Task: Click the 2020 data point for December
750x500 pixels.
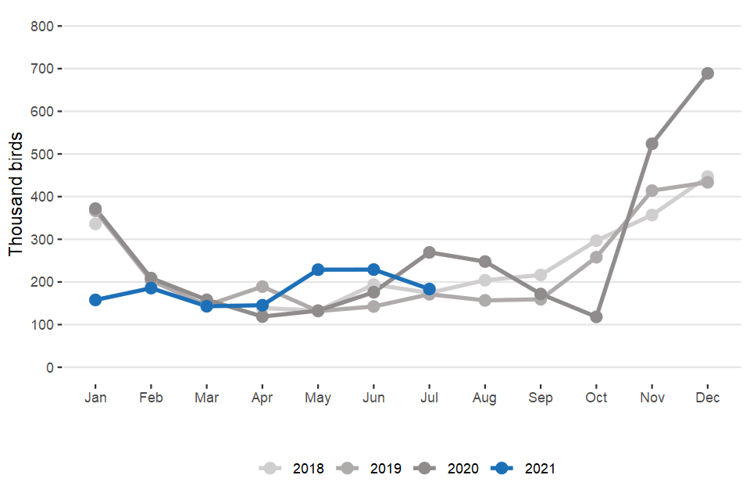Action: tap(708, 73)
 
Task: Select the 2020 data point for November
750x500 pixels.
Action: tap(652, 144)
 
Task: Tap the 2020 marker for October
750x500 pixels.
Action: tap(596, 317)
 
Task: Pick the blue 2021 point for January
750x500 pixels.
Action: tap(95, 300)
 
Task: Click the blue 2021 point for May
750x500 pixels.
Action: tap(318, 270)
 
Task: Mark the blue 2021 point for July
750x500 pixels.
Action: tap(429, 289)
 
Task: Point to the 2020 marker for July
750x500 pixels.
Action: tap(429, 252)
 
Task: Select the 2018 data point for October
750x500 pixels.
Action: tap(596, 241)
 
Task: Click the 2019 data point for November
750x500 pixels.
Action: tap(652, 191)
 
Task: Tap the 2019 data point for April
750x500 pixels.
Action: tap(262, 287)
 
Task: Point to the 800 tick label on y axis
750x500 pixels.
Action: tap(41, 27)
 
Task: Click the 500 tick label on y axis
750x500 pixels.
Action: tap(41, 154)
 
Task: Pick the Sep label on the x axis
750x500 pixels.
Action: tap(541, 398)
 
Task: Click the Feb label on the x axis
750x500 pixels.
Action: tap(151, 398)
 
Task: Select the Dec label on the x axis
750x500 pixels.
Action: tap(708, 398)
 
